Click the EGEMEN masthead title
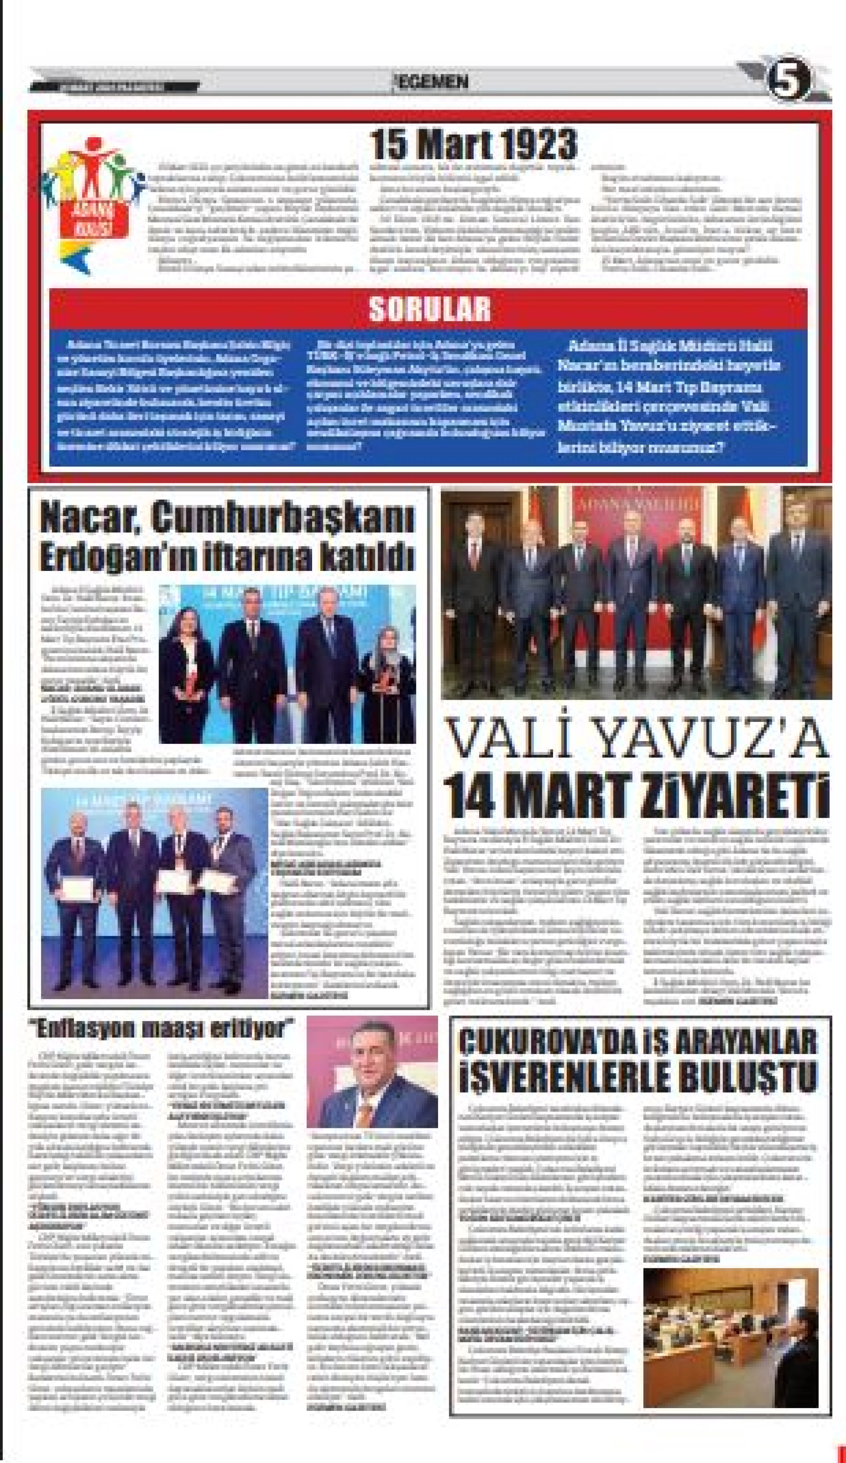431,82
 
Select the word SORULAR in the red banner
429,309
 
